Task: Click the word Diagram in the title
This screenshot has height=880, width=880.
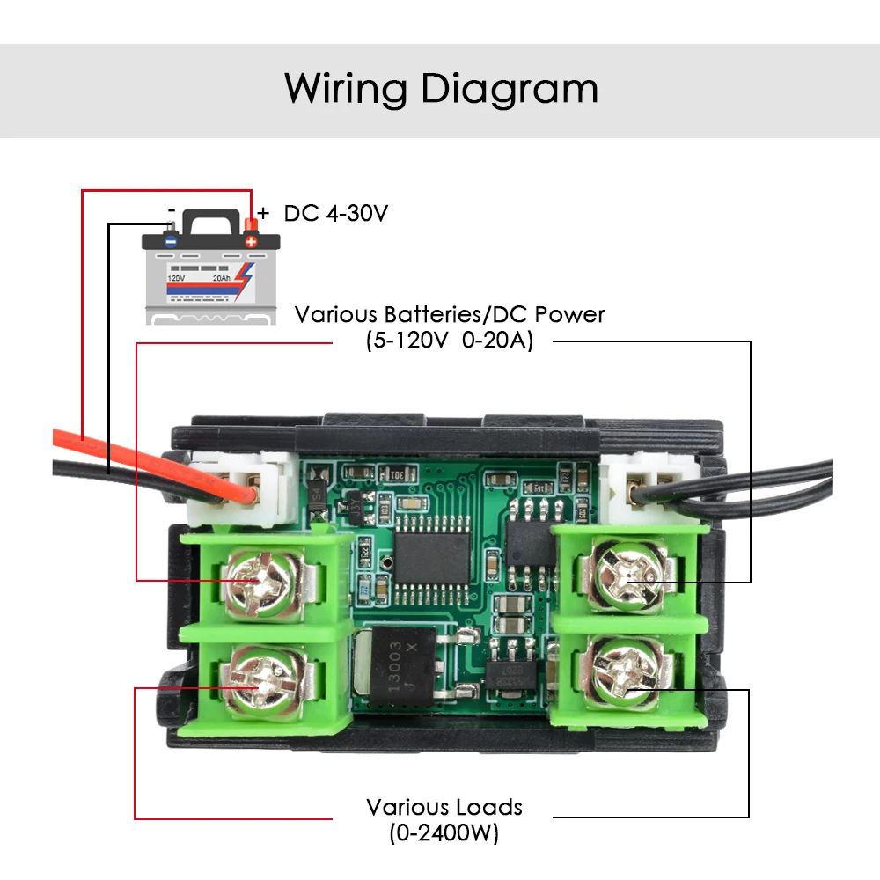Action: coord(504,90)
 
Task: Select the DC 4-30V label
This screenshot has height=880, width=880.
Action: coord(336,213)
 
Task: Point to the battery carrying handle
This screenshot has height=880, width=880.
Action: coord(211,219)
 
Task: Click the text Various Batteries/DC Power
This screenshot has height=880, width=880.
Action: coord(450,314)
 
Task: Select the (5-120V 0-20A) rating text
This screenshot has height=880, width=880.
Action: coord(450,341)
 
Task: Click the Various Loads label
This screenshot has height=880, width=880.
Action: coord(444,807)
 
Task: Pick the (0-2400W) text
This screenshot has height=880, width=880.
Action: coord(444,832)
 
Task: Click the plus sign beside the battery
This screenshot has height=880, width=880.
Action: coord(263,213)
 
